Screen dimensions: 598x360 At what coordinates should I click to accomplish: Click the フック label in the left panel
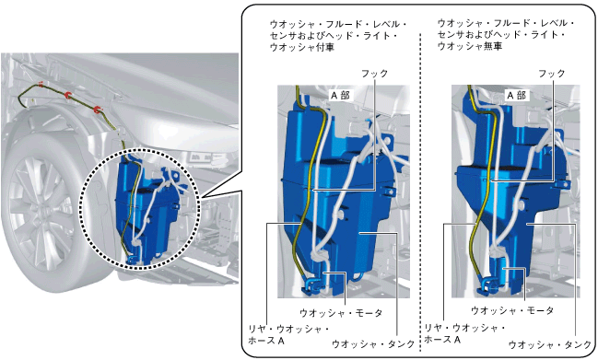[374, 73]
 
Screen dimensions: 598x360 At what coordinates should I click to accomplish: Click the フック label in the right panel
[552, 73]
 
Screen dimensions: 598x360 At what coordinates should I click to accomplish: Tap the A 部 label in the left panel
[340, 95]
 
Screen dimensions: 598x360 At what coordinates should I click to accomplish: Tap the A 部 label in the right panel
[516, 95]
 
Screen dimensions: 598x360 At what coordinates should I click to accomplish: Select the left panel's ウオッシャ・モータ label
[341, 313]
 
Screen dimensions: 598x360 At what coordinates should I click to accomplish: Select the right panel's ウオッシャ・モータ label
[512, 310]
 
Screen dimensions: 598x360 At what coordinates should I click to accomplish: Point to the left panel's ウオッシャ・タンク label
[373, 343]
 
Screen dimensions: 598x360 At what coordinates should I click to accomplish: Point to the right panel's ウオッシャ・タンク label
[550, 344]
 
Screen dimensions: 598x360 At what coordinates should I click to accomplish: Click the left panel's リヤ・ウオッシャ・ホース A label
[288, 334]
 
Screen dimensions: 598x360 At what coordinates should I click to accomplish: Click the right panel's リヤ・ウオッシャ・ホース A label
[465, 333]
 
